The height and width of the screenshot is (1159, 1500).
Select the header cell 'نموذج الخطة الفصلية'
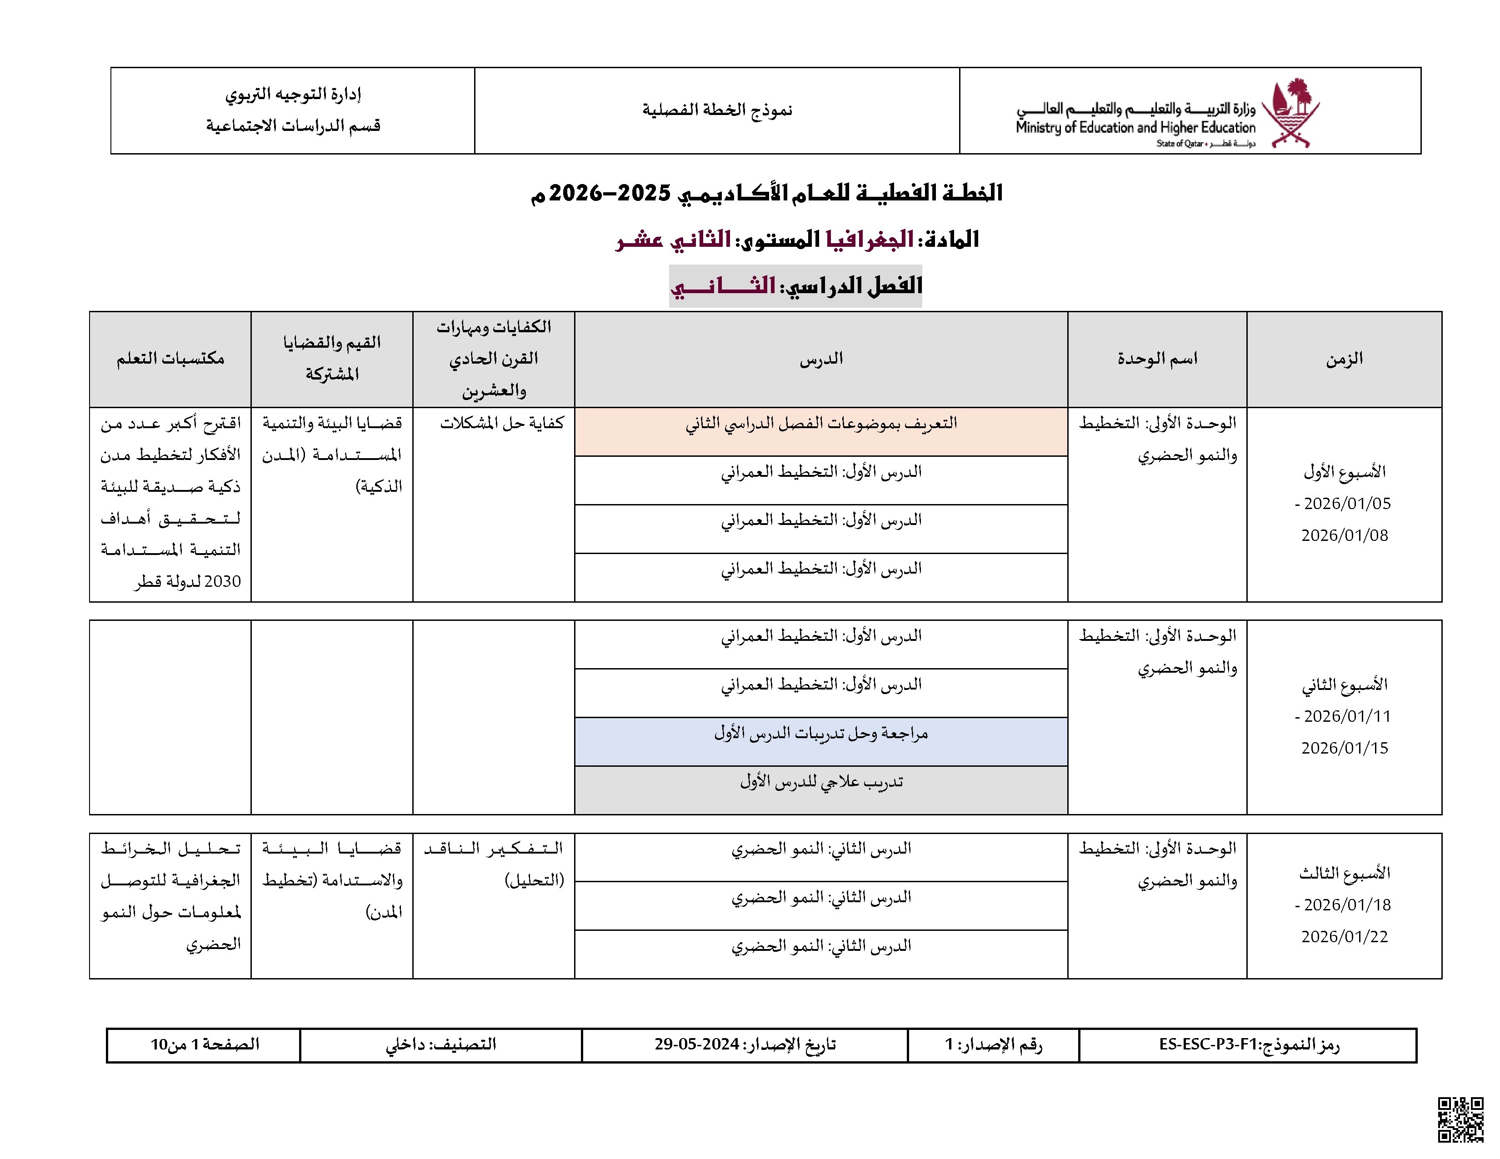pos(716,110)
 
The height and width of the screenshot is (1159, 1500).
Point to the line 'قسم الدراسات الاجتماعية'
pos(293,125)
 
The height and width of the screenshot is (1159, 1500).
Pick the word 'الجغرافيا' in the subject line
pos(870,239)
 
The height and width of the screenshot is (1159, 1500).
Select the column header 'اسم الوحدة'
pos(1157,359)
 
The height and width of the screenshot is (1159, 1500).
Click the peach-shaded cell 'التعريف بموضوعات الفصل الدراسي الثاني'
pos(821,424)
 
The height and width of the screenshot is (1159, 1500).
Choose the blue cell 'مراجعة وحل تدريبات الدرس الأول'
pos(821,734)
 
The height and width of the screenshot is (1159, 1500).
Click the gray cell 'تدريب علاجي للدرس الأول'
pos(821,782)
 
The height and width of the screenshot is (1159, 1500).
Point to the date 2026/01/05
pos(1347,503)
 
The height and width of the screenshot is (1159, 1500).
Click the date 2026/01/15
pos(1344,748)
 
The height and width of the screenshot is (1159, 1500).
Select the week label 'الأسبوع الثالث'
pos(1344,874)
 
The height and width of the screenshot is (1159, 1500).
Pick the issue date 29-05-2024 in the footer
pos(696,1044)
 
